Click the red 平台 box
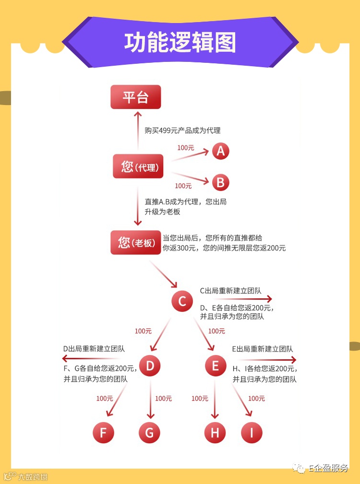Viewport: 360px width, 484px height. coord(136,97)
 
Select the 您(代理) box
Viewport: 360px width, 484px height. coord(138,166)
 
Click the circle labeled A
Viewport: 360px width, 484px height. coord(220,151)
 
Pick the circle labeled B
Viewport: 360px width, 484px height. coord(220,182)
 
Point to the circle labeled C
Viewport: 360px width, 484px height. coord(182,301)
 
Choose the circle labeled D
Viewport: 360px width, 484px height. coord(150,366)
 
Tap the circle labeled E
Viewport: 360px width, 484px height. coord(215,366)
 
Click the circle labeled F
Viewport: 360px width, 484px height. coord(103,433)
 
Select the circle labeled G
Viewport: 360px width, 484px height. coord(149,433)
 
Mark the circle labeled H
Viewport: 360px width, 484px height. coord(215,433)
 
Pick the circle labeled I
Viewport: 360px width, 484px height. coord(252,433)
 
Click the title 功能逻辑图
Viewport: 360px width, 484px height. coord(180,42)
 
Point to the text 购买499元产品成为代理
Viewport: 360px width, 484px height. coord(182,130)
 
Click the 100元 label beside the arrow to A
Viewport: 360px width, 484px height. coord(186,148)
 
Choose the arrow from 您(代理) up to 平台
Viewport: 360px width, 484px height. coord(138,132)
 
